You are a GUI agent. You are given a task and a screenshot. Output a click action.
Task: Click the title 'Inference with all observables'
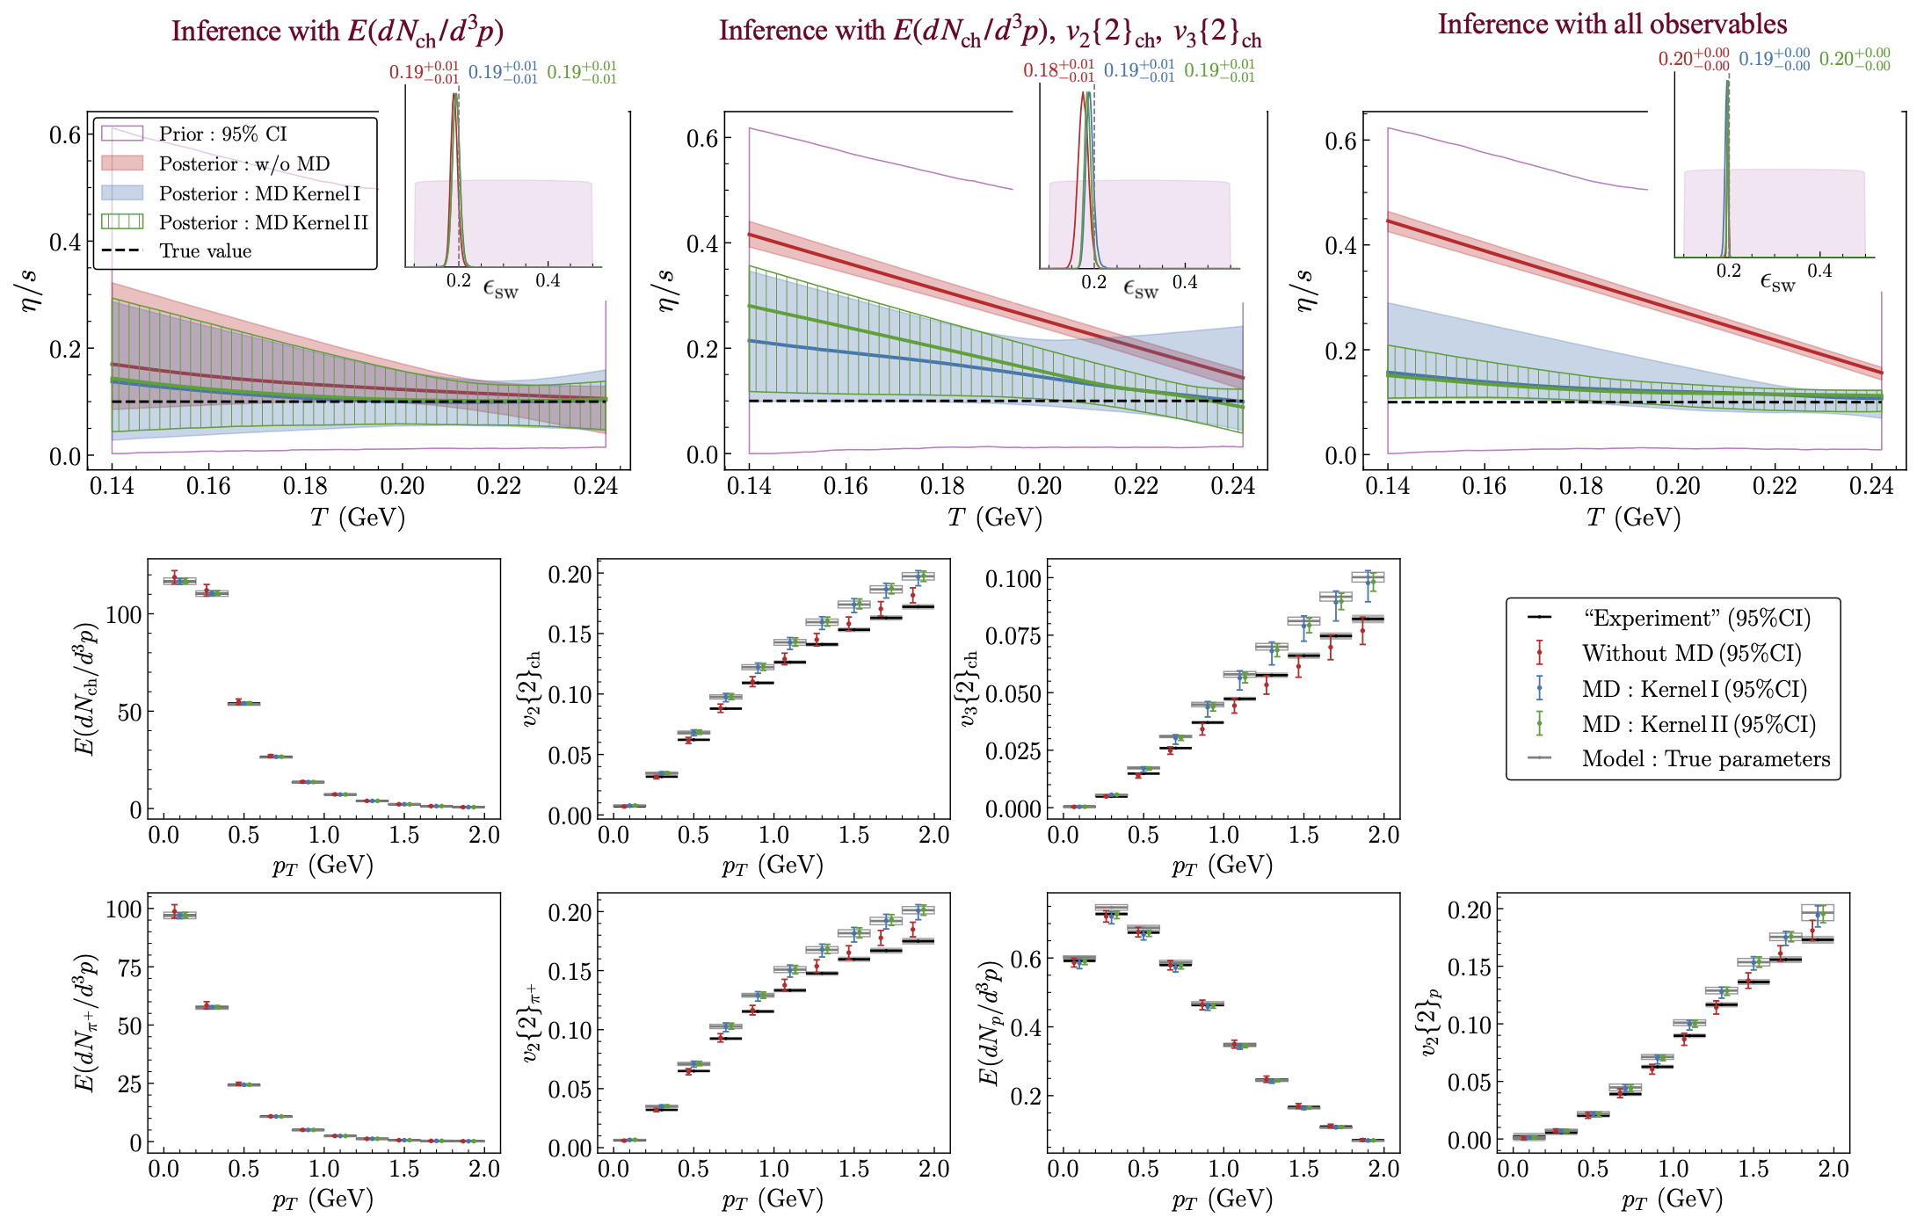click(1612, 25)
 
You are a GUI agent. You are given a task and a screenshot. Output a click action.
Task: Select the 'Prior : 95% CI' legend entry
click(222, 134)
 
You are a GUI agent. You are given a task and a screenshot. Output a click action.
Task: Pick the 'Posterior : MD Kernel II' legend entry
click(263, 222)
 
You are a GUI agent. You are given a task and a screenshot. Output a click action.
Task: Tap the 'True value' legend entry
click(205, 251)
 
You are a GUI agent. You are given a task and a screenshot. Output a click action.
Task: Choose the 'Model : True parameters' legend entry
click(1705, 759)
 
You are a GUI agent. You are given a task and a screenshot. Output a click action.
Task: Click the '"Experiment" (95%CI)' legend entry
click(1696, 619)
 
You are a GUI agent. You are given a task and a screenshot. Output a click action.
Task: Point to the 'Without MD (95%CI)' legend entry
click(1691, 654)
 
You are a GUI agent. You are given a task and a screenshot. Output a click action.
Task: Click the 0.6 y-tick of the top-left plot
click(65, 134)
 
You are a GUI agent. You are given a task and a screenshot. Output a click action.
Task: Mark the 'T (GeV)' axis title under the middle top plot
click(995, 518)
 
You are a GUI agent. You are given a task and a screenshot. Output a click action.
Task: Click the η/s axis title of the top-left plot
click(31, 291)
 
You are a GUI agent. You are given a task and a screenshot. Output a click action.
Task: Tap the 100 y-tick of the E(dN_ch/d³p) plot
click(123, 614)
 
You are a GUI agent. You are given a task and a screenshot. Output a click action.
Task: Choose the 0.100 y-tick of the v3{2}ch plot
click(1013, 578)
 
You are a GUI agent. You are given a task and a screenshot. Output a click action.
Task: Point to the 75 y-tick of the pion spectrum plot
click(124, 967)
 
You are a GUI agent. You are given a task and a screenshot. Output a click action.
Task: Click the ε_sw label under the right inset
click(1777, 282)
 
